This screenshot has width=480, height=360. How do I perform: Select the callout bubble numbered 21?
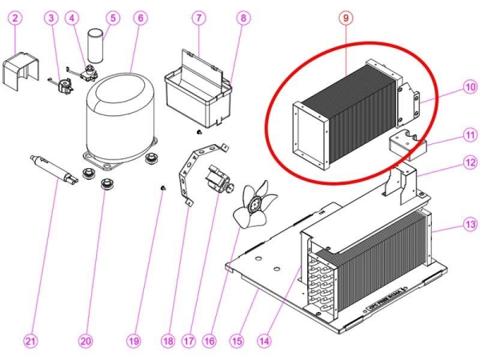coord(30,341)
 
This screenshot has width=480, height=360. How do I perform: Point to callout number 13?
coord(469,226)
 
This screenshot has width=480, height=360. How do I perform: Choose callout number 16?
coord(209,341)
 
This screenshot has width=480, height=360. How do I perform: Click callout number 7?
coord(199,17)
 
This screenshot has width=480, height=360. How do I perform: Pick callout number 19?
coord(134,341)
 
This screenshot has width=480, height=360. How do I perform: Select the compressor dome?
coord(120,112)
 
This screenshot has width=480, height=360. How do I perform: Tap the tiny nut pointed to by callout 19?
coord(162,188)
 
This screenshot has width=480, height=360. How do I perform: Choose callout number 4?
coord(73,17)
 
